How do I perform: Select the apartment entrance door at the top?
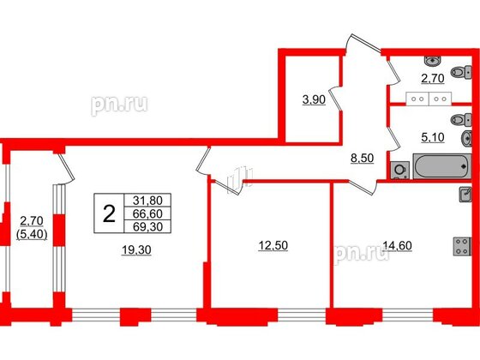pyautogui.click(x=360, y=48)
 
